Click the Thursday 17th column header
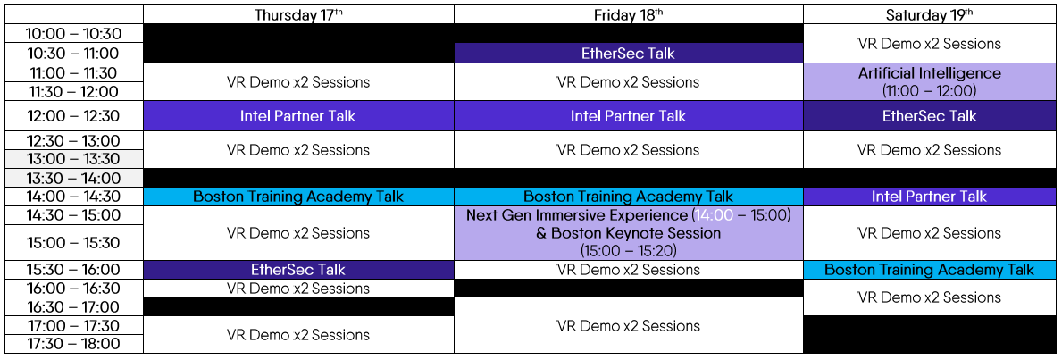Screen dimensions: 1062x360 pyautogui.click(x=298, y=15)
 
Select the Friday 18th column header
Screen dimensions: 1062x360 pyautogui.click(x=629, y=15)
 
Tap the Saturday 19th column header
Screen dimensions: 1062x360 pyautogui.click(x=929, y=15)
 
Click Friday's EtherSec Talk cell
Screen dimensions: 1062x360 pyautogui.click(x=629, y=53)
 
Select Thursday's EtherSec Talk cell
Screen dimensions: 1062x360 pyautogui.click(x=298, y=270)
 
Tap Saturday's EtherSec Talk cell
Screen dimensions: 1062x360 pyautogui.click(x=929, y=116)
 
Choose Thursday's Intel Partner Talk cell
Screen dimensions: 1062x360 pyautogui.click(x=298, y=116)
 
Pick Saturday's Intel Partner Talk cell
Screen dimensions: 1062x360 pyautogui.click(x=929, y=197)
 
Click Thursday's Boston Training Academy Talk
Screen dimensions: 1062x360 pyautogui.click(x=298, y=197)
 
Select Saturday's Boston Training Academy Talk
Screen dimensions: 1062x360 pyautogui.click(x=929, y=270)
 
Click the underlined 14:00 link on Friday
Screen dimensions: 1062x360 pyautogui.click(x=714, y=215)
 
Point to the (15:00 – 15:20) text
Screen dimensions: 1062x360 pyautogui.click(x=629, y=250)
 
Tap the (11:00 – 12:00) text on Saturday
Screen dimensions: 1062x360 pyautogui.click(x=929, y=89)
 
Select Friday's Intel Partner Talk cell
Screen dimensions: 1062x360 pyautogui.click(x=629, y=116)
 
